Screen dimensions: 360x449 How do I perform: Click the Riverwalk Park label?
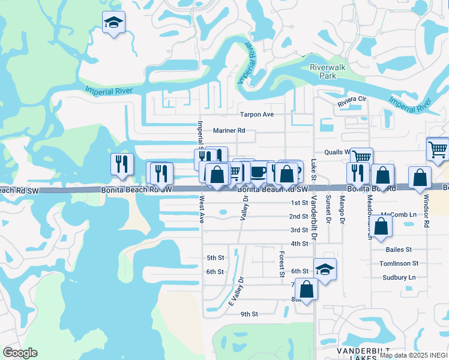tap(327, 72)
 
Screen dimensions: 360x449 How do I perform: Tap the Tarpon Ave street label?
tap(256, 114)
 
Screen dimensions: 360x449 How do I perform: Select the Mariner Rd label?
tap(229, 130)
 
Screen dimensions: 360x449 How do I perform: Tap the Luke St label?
tap(313, 168)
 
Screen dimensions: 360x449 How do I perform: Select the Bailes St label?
tap(399, 249)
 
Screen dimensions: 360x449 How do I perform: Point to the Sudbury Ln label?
tap(399, 278)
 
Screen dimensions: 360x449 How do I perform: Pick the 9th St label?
tap(249, 314)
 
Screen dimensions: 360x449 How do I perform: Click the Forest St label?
tap(281, 265)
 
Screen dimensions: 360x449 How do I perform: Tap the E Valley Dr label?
tap(238, 292)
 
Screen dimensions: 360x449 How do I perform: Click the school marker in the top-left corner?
tap(113, 23)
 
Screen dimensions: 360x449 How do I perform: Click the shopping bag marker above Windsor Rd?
tap(420, 177)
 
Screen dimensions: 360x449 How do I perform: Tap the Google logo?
tap(20, 353)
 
